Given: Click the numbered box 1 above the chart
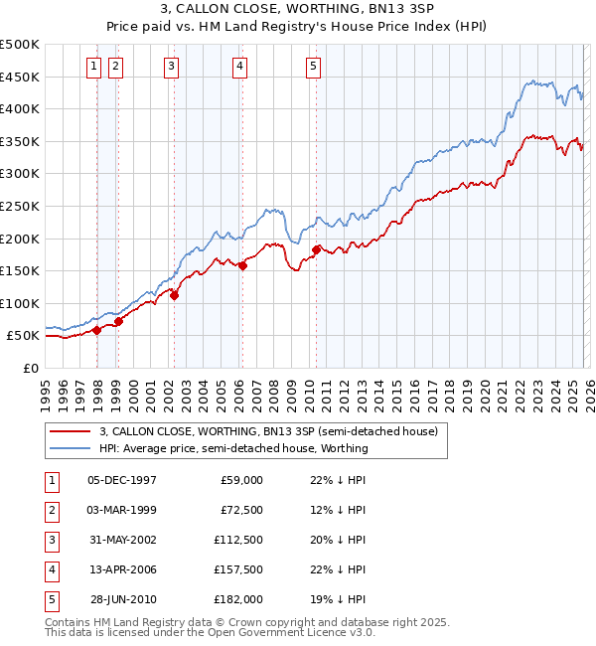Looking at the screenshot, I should [92, 67].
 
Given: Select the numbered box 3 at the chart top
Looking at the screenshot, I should [171, 67].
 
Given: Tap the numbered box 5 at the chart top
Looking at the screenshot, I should [313, 67].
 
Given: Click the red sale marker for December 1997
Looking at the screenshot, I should [97, 331].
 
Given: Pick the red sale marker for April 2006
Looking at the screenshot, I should [243, 265].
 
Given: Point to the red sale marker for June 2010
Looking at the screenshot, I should [317, 249].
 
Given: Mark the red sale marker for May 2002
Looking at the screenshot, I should [174, 295].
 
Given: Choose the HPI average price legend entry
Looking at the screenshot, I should [233, 448].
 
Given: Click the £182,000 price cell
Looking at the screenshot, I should [239, 598].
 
